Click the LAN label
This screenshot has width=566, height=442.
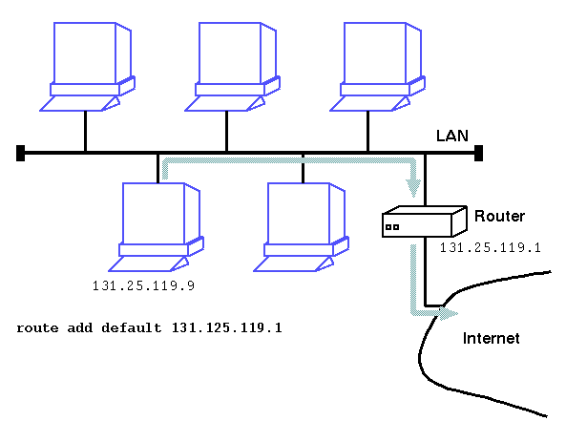tap(451, 136)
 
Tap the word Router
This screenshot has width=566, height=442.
tap(499, 216)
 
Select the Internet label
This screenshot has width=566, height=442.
tap(491, 338)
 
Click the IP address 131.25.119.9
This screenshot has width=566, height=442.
tap(144, 286)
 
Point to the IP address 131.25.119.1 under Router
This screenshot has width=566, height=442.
tap(491, 247)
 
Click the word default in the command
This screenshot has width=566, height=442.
tap(132, 327)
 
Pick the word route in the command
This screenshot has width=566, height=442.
tap(37, 328)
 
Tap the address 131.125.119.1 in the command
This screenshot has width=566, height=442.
tap(227, 327)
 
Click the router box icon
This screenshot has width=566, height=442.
tap(425, 221)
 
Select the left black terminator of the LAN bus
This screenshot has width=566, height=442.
tap(21, 153)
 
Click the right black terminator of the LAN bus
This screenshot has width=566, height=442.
tap(478, 153)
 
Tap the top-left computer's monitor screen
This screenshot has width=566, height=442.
tap(85, 53)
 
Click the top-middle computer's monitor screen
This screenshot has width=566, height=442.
tap(230, 53)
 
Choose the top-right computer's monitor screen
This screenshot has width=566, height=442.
tap(375, 53)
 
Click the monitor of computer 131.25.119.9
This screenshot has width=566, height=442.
tap(154, 214)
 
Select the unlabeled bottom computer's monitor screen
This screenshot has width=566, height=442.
tap(299, 214)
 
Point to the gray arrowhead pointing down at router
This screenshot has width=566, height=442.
tap(413, 188)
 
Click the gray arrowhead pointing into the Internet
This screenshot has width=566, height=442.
tap(449, 313)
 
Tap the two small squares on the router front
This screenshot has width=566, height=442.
tap(392, 227)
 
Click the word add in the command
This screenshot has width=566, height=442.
tap(80, 327)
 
